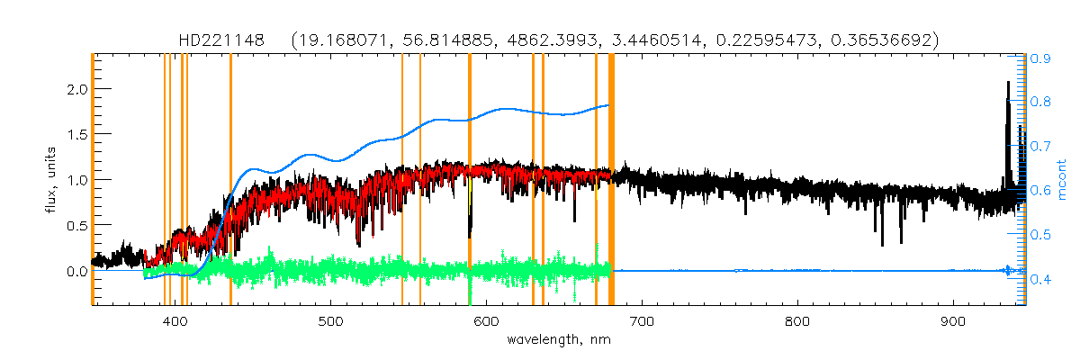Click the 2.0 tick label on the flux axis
pos(77,89)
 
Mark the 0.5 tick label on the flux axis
pos(77,225)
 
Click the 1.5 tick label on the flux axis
pos(77,134)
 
